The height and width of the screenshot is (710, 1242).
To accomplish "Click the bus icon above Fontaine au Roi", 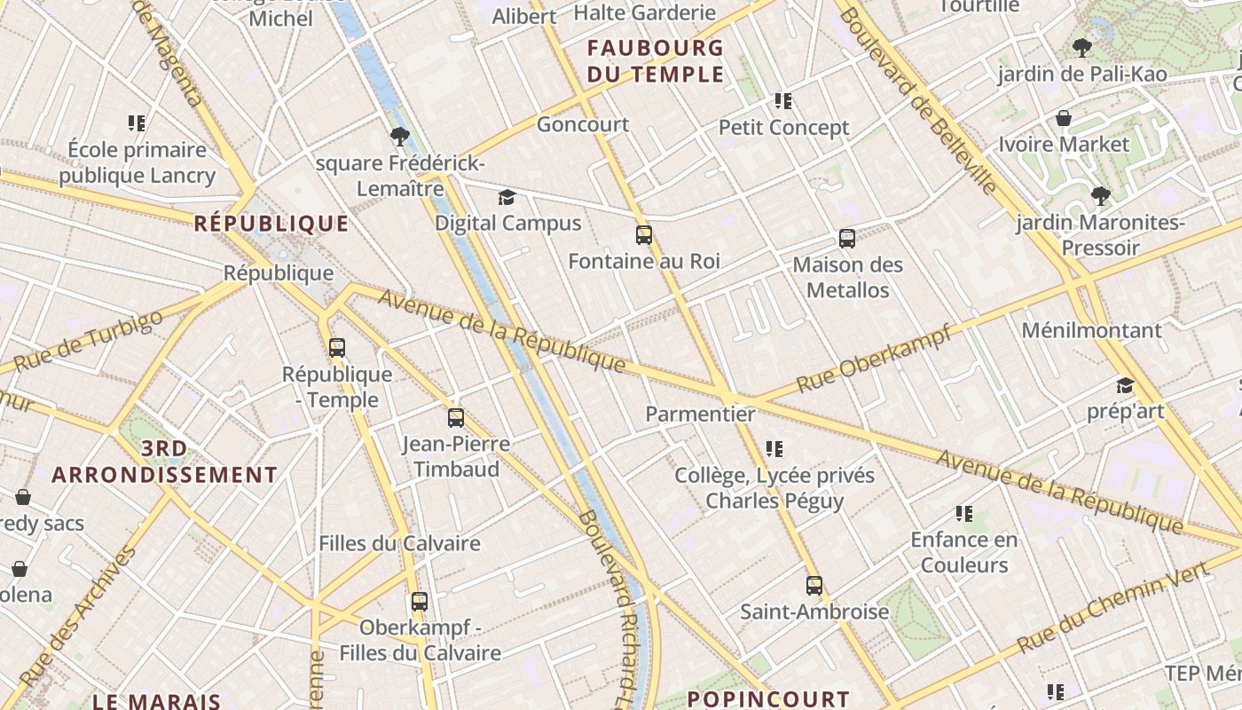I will (644, 235).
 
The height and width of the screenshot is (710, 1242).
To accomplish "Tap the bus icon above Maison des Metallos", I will (847, 239).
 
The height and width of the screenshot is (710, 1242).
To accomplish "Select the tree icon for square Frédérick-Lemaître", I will (400, 137).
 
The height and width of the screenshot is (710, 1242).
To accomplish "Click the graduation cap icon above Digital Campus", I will (507, 197).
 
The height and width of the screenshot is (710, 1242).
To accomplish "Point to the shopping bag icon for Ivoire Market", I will (1064, 118).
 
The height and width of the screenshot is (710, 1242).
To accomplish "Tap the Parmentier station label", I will (700, 414).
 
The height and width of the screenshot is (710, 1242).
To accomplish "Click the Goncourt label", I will (583, 124).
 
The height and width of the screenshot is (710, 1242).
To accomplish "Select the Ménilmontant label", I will (1091, 330).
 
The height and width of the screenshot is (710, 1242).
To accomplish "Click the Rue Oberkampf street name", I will (874, 359).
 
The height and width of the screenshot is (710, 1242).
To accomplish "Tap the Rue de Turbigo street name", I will (89, 341).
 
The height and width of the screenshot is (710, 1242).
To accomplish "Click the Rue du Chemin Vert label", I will (1113, 607).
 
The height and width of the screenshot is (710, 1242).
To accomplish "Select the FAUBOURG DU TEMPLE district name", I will (656, 60).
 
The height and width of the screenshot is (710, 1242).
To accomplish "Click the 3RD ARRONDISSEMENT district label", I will (164, 461).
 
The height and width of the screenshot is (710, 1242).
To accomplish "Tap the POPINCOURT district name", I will (768, 699).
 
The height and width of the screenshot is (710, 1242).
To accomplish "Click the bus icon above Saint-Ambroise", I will (814, 586).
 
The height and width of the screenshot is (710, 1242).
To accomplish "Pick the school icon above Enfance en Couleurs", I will (964, 514).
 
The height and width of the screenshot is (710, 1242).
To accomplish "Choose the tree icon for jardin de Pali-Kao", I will (1081, 48).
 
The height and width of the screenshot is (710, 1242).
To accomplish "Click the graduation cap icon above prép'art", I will (1125, 385).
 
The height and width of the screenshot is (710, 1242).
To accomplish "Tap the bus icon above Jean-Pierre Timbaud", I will (456, 418).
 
